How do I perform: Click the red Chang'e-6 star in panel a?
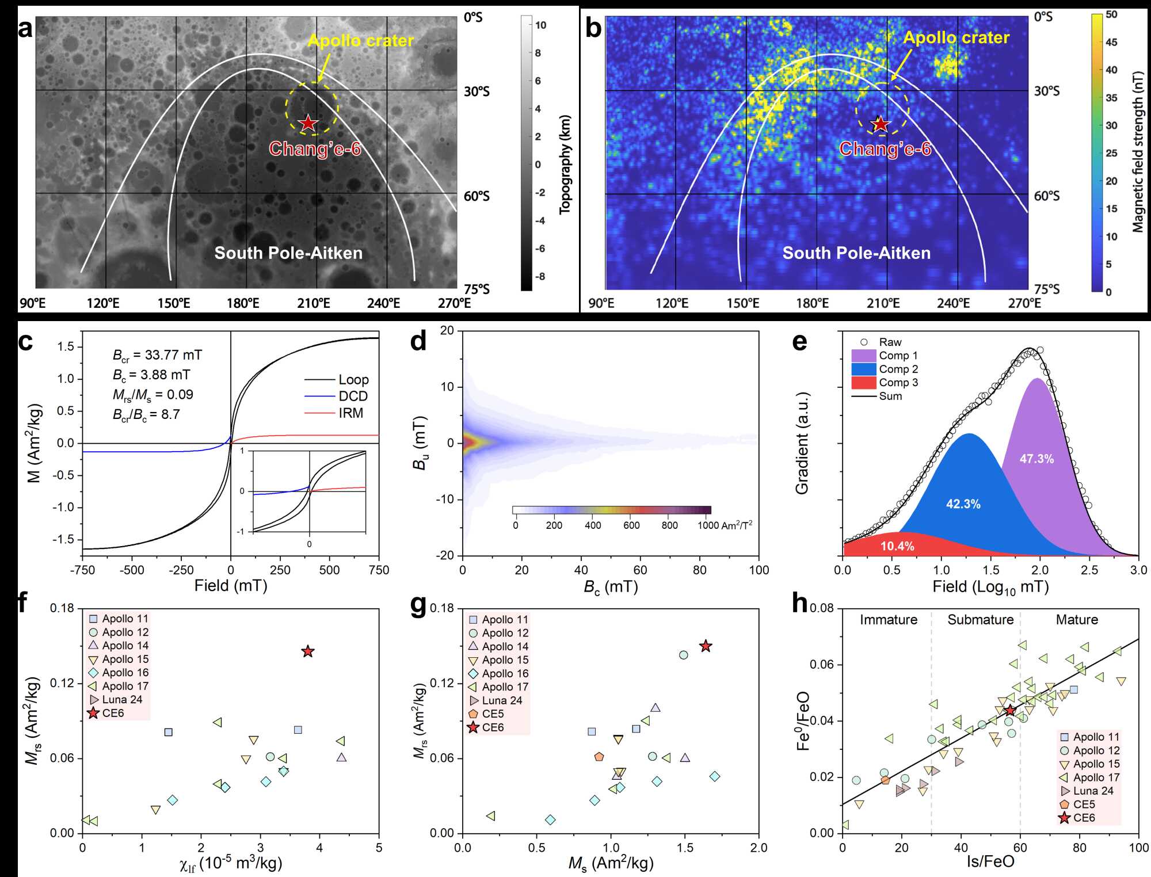point(308,123)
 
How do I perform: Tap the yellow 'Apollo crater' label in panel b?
point(956,38)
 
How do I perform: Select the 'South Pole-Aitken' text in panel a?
point(288,253)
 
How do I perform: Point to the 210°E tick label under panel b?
point(883,303)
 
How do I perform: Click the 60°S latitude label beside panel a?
point(477,196)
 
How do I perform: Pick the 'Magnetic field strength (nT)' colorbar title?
point(1138,152)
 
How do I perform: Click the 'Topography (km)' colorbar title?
point(566,165)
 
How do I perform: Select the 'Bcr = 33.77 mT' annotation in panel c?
point(157,355)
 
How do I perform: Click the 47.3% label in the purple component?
point(1036,459)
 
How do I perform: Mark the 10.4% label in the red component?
point(897,546)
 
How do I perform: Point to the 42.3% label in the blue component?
point(963,504)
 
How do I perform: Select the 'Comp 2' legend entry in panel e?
point(898,369)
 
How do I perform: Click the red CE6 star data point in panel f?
point(308,651)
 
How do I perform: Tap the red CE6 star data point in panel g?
point(706,646)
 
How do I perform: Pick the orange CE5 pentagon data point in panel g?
point(599,757)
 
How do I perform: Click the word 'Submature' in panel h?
point(980,620)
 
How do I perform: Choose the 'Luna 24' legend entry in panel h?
point(1093,791)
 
